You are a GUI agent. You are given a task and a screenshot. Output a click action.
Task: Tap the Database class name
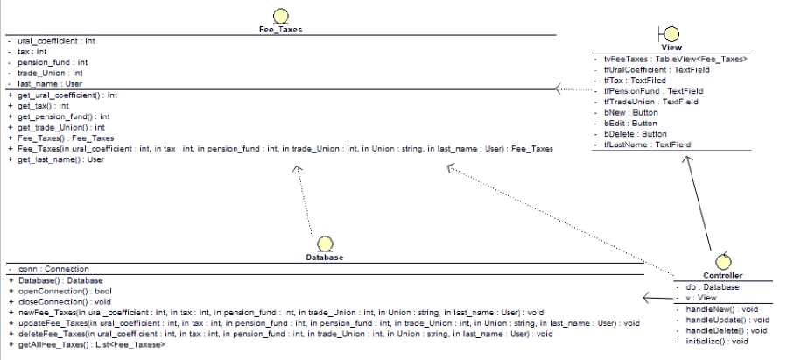coord(324,258)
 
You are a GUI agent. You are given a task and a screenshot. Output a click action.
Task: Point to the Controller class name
coord(723,276)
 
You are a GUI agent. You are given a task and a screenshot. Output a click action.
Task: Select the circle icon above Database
coord(325,243)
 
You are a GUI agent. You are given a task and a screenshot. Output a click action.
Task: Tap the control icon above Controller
coord(723,259)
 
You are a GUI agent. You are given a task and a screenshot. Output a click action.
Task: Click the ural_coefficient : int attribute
coord(56,41)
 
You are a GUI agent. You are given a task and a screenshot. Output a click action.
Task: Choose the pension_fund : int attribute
coord(53,62)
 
